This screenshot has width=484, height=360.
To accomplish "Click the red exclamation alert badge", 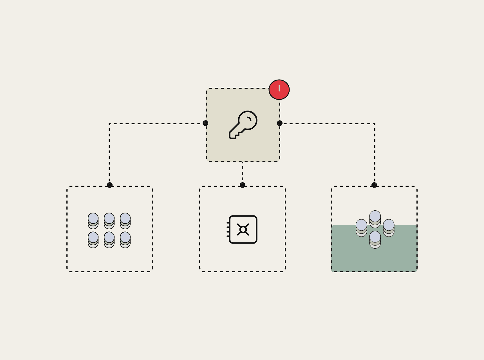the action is tap(279, 90).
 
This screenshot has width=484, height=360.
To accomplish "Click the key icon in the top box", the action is tap(243, 125).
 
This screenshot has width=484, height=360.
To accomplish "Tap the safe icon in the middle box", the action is tap(243, 229).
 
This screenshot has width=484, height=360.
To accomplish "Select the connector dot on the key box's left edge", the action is tap(205, 123).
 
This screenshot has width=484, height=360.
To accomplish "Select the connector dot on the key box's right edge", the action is tap(280, 123).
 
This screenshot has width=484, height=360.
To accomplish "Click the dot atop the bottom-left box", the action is tap(110, 185).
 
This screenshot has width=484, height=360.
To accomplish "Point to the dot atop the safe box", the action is tap(243, 185).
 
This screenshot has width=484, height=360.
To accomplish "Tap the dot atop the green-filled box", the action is tap(374, 185).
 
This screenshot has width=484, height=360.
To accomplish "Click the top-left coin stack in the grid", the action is tap(93, 221).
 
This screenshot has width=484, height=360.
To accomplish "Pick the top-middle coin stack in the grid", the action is tap(109, 221).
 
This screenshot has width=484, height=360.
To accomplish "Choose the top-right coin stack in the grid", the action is tap(125, 221).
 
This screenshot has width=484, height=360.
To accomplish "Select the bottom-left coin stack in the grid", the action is tap(93, 240).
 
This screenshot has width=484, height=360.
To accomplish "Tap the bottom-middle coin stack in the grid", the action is tap(109, 240).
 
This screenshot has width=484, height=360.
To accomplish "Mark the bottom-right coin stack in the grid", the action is tap(125, 240).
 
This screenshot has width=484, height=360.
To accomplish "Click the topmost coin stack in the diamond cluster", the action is tap(375, 219).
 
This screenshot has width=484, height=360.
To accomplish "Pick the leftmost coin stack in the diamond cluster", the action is tap(361, 228).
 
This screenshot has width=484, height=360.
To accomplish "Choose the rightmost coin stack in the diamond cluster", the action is tap(389, 228).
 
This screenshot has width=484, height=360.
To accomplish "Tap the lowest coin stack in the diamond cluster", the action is tap(375, 240).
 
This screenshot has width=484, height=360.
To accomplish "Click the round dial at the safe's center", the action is tap(243, 229).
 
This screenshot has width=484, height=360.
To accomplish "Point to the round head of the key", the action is tap(248, 120).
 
